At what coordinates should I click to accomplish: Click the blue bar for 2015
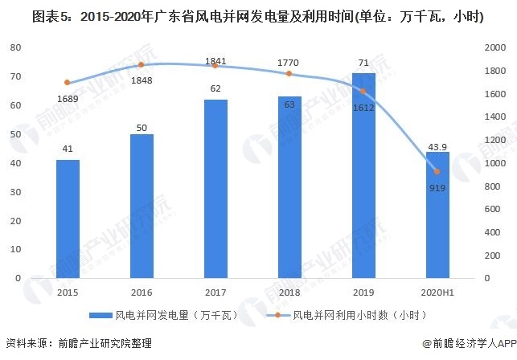pos(68,219)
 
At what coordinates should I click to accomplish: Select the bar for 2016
pos(142,206)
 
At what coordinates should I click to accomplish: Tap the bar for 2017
pos(215,189)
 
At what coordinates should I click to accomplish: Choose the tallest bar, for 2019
pos(363,175)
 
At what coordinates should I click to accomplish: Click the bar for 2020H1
pos(437,215)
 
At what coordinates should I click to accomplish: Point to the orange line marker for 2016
pos(142,64)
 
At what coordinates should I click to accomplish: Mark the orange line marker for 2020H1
pos(437,171)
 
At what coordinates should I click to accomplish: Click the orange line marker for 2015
pos(68,83)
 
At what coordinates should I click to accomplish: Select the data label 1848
pos(142,80)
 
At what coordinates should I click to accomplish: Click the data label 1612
pos(363,107)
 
